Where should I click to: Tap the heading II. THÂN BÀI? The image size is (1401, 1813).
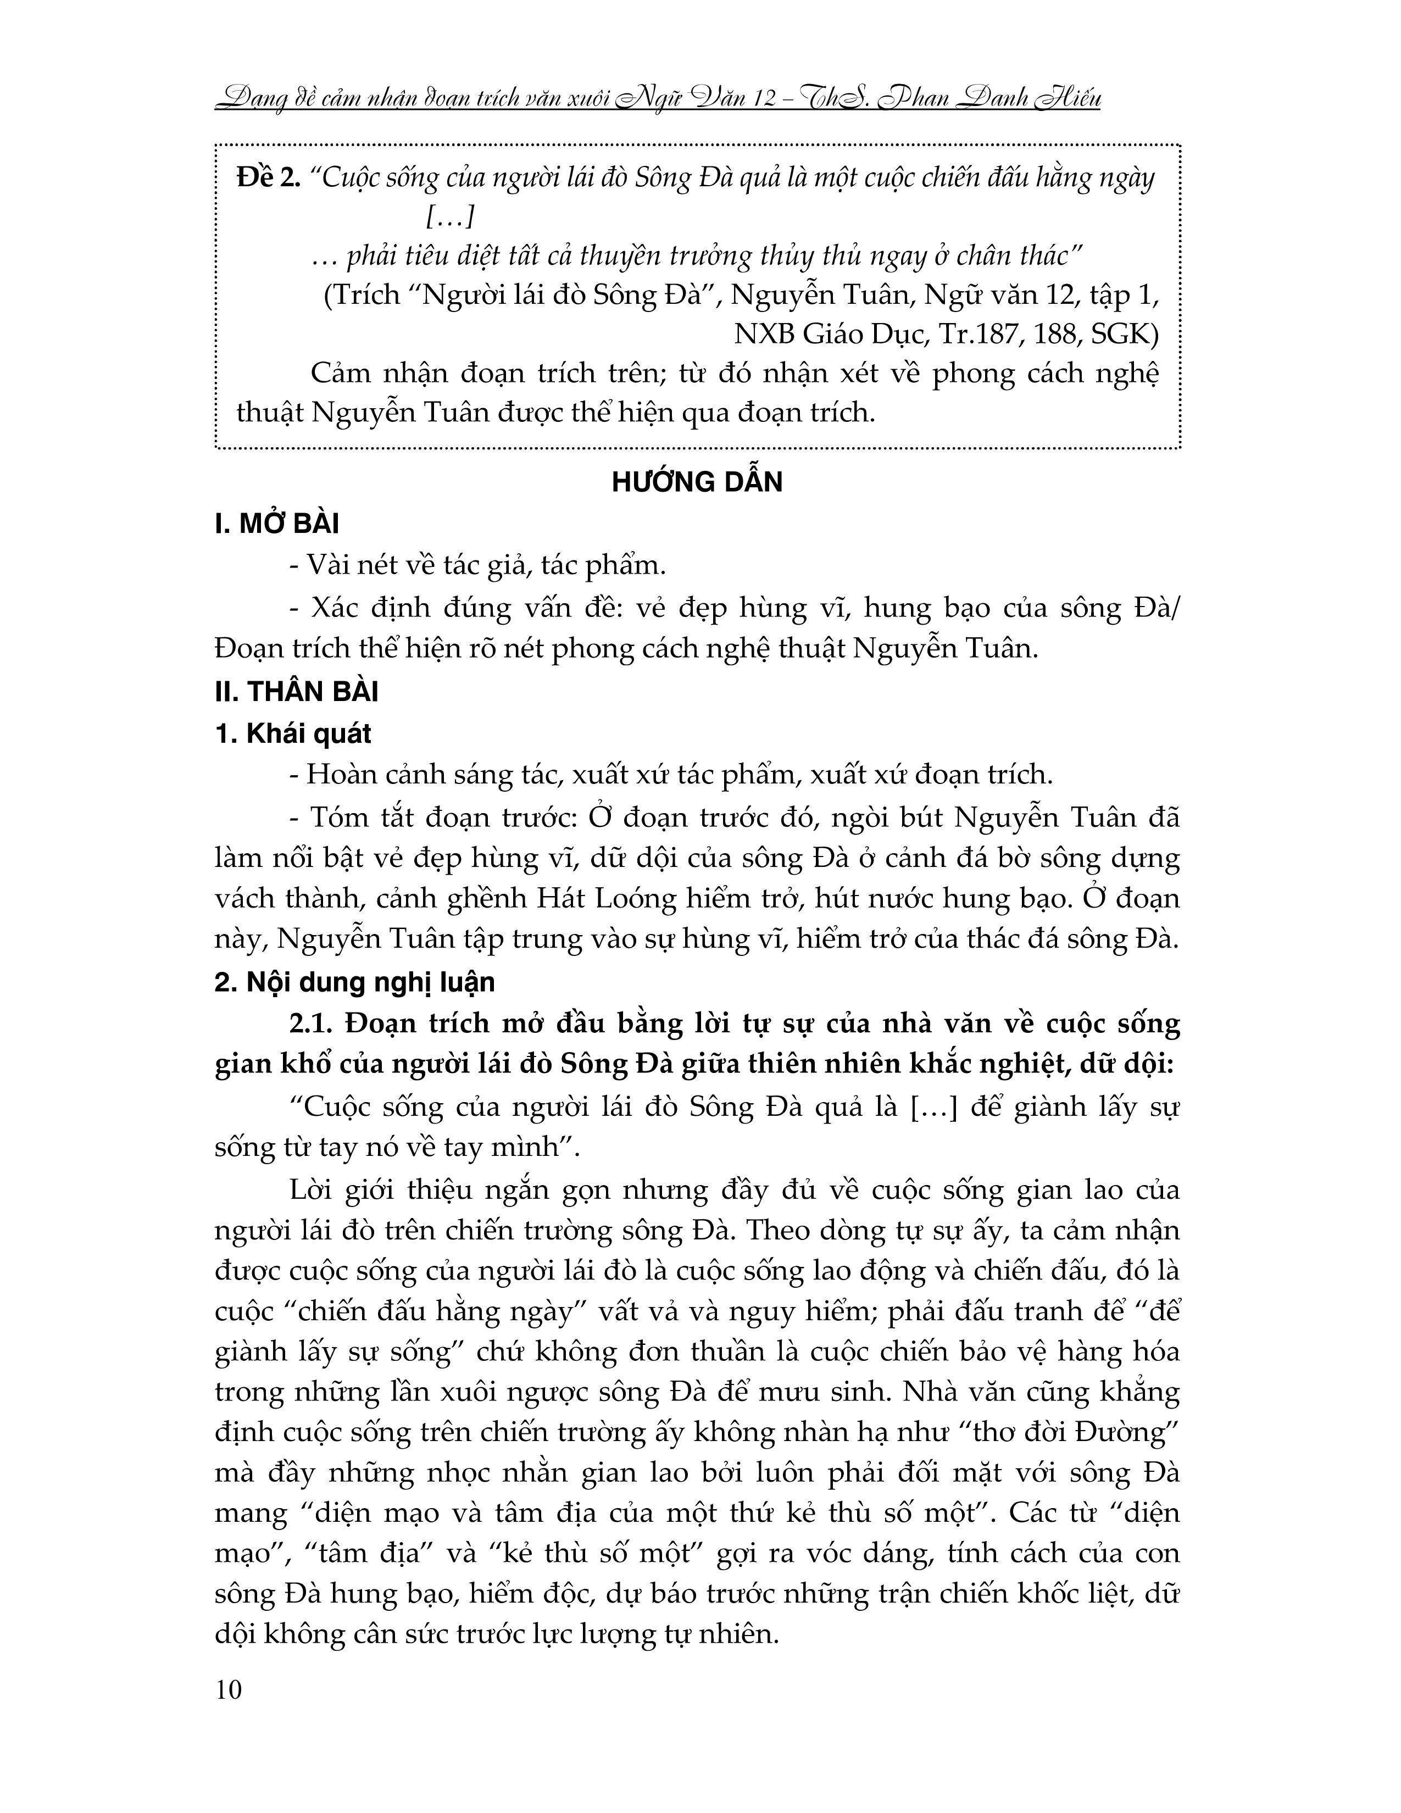(296, 692)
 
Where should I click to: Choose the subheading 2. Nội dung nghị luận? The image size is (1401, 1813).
(354, 982)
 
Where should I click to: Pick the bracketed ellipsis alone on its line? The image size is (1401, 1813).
(449, 218)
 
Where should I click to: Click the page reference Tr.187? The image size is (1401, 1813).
(978, 333)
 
